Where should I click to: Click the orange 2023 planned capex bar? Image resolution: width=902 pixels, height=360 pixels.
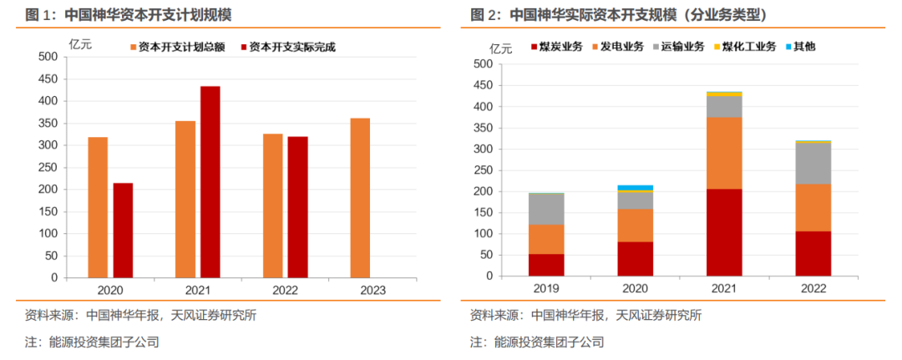(360, 198)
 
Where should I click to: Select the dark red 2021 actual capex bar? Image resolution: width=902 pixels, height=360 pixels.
(210, 181)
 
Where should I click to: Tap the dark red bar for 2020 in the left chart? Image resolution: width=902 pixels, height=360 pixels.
(123, 230)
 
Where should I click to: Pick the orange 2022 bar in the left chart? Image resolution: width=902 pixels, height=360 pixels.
(272, 205)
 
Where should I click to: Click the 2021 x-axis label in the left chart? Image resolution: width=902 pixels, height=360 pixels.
(199, 289)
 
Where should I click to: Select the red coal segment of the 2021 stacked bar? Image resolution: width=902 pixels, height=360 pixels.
(724, 232)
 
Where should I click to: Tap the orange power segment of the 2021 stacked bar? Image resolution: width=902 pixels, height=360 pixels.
(724, 153)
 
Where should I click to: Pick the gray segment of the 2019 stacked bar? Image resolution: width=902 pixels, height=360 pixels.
(546, 209)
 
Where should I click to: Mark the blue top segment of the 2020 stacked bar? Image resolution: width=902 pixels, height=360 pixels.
(635, 188)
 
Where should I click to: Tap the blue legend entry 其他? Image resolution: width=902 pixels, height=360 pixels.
(804, 47)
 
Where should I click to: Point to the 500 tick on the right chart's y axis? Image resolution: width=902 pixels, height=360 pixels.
(481, 63)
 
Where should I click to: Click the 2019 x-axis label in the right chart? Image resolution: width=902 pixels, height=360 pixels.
(546, 288)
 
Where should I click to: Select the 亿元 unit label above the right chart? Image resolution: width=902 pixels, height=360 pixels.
(503, 48)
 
